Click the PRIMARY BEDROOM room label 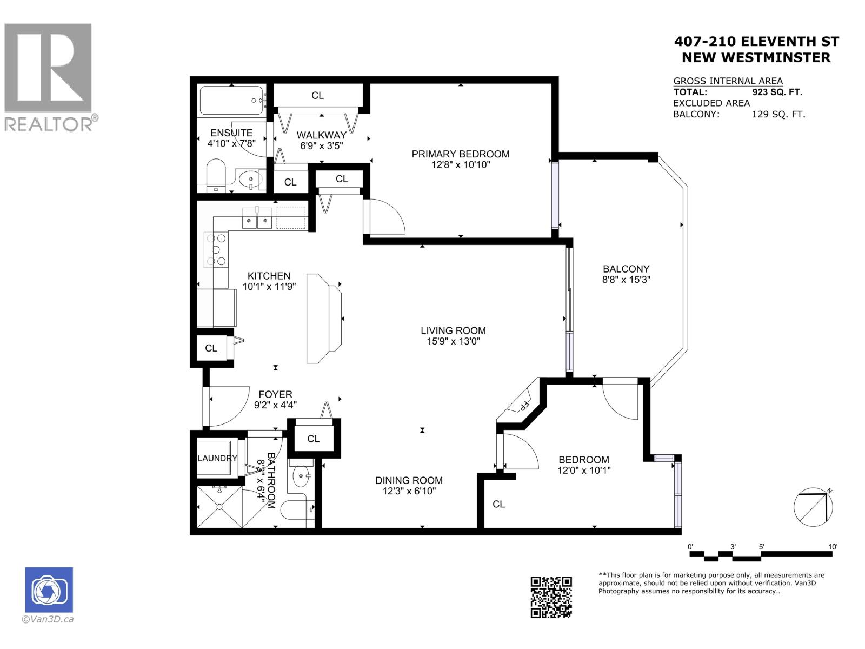click(460, 154)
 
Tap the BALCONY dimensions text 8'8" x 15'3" click(626, 280)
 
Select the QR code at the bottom click(551, 597)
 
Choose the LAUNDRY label click(217, 458)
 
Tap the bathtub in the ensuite click(231, 101)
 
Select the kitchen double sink click(257, 218)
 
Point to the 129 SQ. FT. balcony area click(778, 114)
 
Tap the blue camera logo click(49, 590)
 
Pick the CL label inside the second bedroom click(498, 504)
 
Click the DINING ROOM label click(409, 480)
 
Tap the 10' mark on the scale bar click(833, 547)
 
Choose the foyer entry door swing click(227, 407)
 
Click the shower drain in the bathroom click(220, 507)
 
